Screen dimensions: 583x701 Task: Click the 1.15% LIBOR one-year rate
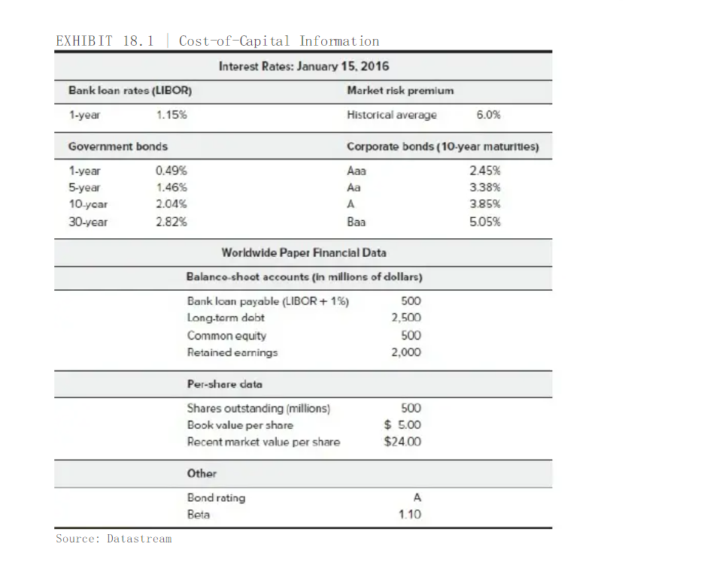(171, 115)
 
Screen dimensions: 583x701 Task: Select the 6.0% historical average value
(488, 115)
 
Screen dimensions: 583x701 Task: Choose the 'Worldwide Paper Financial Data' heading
(304, 252)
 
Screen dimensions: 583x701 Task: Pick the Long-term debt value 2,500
(406, 319)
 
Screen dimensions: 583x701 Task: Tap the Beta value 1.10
(409, 515)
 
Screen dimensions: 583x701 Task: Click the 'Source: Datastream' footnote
(114, 539)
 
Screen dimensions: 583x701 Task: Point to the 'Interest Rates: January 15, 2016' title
(304, 66)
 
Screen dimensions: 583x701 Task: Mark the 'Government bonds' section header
(118, 147)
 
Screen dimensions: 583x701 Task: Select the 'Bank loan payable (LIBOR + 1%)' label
(268, 302)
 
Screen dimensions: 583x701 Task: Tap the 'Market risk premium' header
(400, 90)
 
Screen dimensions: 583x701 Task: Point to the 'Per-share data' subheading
(225, 384)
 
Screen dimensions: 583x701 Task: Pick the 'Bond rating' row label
(216, 498)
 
